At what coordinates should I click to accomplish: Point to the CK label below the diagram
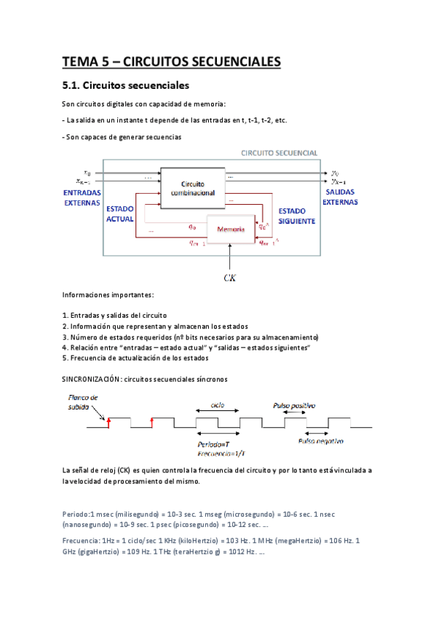point(231,277)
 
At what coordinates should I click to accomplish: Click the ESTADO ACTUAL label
point(119,213)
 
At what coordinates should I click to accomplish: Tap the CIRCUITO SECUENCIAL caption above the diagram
point(279,153)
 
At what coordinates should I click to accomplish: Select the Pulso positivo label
point(293,404)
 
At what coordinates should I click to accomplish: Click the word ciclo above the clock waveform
point(217,404)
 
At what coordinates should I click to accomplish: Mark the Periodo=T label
point(214,444)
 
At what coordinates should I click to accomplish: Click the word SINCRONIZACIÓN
point(92,379)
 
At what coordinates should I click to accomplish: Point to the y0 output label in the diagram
point(335,173)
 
